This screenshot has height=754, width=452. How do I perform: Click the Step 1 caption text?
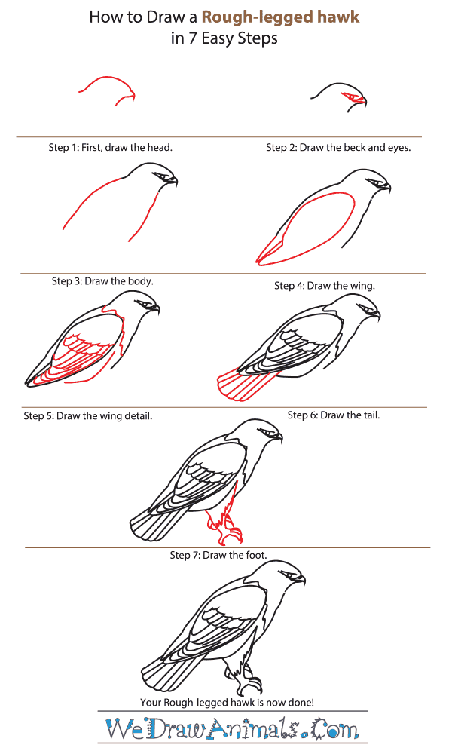coord(111,147)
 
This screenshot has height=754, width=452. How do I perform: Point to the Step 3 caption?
coord(102,280)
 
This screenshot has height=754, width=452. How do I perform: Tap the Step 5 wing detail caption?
coord(88,415)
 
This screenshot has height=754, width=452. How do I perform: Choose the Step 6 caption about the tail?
coord(334,415)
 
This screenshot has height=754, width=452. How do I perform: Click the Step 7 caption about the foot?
coord(218,555)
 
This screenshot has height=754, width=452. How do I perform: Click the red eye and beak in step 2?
coord(353,97)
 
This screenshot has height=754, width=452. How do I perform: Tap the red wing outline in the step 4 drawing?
coord(301,226)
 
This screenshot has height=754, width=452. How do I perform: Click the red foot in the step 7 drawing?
coord(226,520)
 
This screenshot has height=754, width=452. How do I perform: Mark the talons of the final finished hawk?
coord(252,686)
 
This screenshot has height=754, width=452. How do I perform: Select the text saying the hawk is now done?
coord(226,702)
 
